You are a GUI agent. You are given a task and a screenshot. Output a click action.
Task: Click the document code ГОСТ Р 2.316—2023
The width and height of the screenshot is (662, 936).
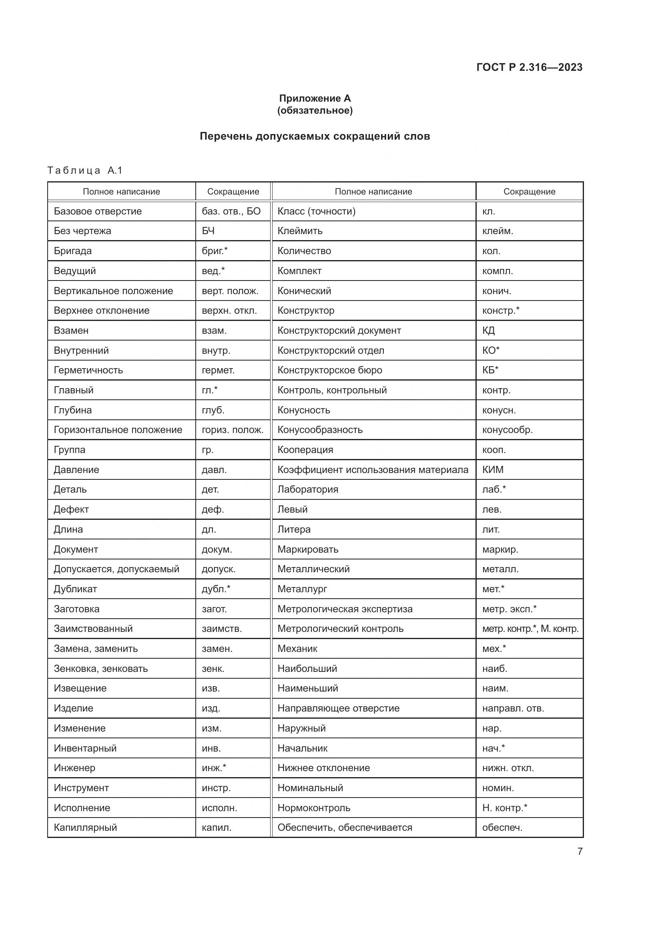[x=529, y=67]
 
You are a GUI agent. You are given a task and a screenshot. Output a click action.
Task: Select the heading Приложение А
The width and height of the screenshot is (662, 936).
[x=315, y=98]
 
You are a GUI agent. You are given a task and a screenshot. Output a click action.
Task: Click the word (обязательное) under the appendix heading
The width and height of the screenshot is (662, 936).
[x=315, y=110]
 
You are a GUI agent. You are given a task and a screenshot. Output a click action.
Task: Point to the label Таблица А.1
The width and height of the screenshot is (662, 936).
[x=85, y=170]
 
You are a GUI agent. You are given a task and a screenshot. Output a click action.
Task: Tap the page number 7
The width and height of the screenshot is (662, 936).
[x=580, y=851]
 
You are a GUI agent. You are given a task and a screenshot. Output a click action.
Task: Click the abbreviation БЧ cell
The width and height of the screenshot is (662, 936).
[x=208, y=231]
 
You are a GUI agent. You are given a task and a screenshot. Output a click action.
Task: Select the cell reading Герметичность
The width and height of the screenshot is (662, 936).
[x=88, y=370]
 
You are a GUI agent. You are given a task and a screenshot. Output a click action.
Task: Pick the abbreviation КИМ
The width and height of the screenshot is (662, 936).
[x=493, y=470]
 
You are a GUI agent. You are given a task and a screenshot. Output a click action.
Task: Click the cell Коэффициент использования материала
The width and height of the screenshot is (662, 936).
[x=373, y=470]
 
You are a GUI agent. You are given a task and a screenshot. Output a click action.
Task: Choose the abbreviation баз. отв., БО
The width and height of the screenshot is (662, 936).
[x=231, y=211]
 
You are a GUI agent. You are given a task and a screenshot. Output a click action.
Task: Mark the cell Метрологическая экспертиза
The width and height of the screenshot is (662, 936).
[x=345, y=609]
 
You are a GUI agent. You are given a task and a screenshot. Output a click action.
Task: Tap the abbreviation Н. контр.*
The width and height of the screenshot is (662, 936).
[x=505, y=808]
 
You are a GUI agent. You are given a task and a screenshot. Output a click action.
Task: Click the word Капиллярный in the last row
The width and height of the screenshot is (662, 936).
[x=86, y=828]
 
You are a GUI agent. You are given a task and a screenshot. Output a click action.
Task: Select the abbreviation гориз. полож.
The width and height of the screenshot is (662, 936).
[x=233, y=430]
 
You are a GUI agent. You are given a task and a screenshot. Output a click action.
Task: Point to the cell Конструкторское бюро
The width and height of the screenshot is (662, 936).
[x=330, y=370]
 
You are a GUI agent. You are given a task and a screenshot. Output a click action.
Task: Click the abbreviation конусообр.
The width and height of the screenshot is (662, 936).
[x=508, y=430]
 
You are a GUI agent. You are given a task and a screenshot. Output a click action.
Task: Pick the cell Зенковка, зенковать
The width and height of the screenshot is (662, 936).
[x=101, y=669]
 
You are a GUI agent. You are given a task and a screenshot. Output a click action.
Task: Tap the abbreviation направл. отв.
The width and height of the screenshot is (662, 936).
[x=513, y=708]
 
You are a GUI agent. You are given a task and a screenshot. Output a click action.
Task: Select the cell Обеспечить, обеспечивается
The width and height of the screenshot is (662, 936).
[x=345, y=828]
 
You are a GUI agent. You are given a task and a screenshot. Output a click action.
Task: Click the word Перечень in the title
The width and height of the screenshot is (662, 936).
[x=225, y=136]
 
